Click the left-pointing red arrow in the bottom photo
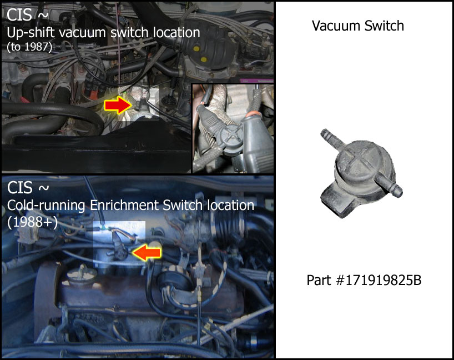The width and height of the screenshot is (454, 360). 146,253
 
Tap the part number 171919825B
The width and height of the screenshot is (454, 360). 379,281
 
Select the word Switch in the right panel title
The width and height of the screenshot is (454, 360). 384,26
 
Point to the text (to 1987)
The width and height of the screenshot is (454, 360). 29,47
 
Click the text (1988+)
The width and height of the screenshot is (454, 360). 32,223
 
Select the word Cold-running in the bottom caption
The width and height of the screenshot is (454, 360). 46,206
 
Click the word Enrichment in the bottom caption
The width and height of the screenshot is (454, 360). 124,205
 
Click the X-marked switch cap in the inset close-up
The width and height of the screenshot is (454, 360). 231,136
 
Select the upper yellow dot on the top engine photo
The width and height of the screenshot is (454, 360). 196,48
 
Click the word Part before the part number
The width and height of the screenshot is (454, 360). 319,281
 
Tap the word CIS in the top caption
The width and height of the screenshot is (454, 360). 19,14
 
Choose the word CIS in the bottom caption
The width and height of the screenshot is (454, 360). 19,188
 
